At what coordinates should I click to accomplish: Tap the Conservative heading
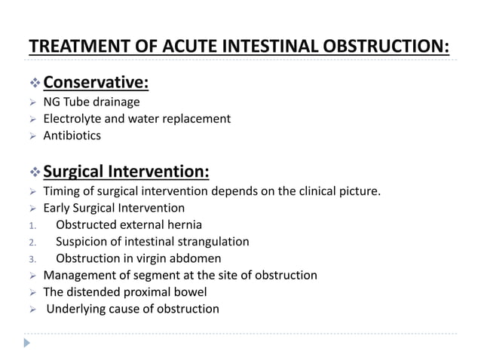click(x=94, y=81)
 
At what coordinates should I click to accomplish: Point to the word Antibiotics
click(x=72, y=136)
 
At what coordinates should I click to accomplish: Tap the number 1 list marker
click(x=32, y=225)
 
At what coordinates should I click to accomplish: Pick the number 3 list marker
click(x=32, y=259)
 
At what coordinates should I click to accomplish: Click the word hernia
click(x=184, y=225)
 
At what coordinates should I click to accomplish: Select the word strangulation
click(x=211, y=242)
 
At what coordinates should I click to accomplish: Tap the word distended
click(x=95, y=291)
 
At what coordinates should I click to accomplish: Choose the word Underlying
click(x=77, y=308)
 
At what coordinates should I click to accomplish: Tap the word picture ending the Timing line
click(x=357, y=191)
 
